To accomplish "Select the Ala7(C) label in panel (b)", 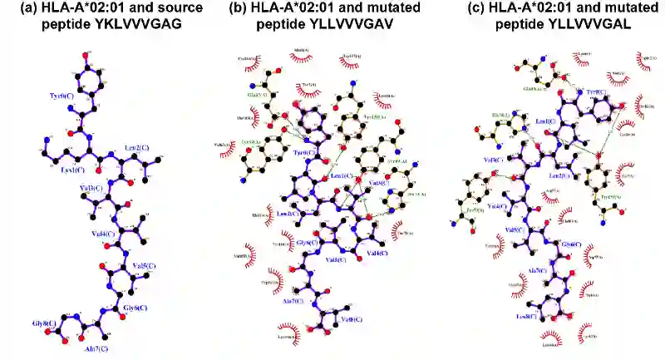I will pos(295,301).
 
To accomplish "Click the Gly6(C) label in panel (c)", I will pos(568,244).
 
